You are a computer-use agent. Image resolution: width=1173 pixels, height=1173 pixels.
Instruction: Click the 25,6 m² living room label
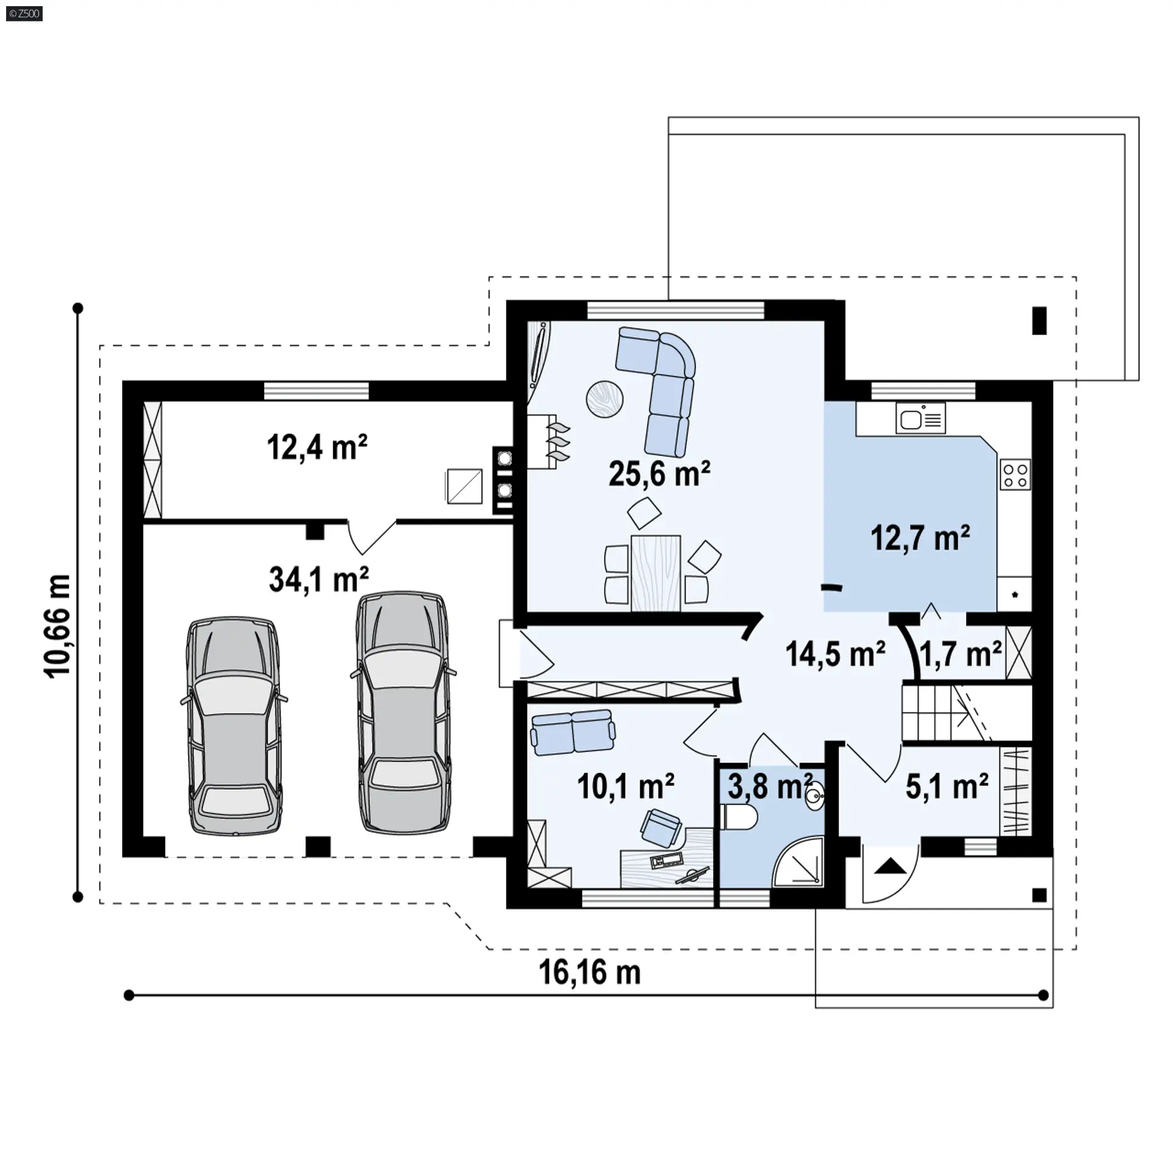click(659, 474)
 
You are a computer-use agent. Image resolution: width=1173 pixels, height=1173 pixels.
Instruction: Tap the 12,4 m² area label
click(317, 447)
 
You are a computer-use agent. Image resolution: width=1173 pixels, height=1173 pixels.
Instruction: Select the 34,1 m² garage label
click(319, 579)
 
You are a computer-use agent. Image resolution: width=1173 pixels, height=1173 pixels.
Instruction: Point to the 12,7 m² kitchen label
click(920, 538)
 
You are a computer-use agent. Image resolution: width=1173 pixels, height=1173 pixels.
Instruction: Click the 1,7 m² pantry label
click(960, 654)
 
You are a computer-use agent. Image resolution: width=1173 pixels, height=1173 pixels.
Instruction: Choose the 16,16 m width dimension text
click(590, 973)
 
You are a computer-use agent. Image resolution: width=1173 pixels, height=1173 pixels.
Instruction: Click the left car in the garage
click(234, 725)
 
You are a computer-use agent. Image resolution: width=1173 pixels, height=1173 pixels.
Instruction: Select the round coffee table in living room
click(605, 399)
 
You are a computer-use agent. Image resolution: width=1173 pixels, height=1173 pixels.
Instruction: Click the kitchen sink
click(921, 418)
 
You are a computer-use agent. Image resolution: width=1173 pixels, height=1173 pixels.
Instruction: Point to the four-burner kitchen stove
click(1015, 475)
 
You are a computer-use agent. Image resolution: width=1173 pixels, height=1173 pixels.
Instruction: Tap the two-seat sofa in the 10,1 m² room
click(573, 732)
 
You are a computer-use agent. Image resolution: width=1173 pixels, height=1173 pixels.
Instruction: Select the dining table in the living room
click(656, 573)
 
